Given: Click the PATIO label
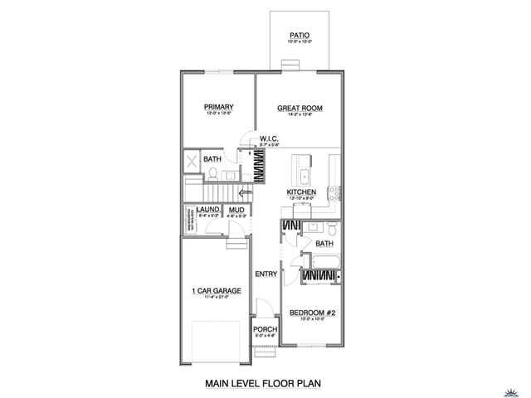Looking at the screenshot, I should [x=300, y=35].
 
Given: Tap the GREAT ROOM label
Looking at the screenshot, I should [x=300, y=108].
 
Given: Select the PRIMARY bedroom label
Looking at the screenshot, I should [x=218, y=107].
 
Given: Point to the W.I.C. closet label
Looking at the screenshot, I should [x=268, y=138].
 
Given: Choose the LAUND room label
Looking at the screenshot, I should [x=208, y=211].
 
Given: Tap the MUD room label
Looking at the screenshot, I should [x=236, y=211].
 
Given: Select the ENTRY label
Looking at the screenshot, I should [x=265, y=274].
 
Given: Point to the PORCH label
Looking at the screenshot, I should [x=265, y=329].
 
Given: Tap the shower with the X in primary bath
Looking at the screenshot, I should [x=190, y=161].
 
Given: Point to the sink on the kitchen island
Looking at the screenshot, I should [x=304, y=176].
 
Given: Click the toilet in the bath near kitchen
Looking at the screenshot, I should [x=332, y=227].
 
